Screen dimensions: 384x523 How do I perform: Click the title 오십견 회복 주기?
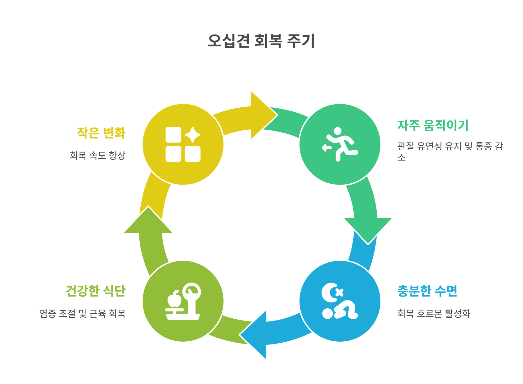(x=261, y=41)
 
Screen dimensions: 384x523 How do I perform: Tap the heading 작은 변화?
(x=101, y=133)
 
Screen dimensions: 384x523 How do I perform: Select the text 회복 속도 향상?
(x=97, y=155)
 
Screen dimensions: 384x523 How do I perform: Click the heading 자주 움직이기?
(x=433, y=125)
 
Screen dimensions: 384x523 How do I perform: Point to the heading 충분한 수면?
(x=427, y=291)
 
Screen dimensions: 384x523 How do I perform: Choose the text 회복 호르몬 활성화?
(x=433, y=313)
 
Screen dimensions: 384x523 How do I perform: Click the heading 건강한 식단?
(x=96, y=291)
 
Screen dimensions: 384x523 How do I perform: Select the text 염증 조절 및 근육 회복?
(x=82, y=313)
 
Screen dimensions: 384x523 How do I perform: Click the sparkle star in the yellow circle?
(x=193, y=135)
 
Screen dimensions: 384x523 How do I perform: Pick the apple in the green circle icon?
(x=174, y=300)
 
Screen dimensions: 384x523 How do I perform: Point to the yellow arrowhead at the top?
(x=261, y=115)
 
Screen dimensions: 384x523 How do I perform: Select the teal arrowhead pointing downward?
(x=368, y=229)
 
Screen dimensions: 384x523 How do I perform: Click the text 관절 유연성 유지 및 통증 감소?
(x=450, y=151)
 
